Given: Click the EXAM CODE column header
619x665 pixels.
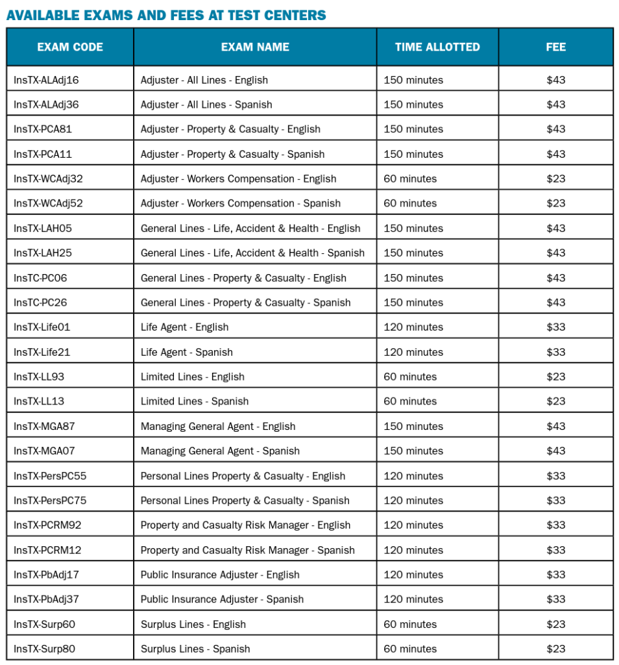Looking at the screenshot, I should (70, 47).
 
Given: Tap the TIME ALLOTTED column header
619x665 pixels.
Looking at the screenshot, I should (437, 47).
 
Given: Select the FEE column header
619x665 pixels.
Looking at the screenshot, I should (555, 47).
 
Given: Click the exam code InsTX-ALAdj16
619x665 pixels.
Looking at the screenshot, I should (46, 80).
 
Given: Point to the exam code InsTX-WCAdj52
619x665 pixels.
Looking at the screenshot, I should (48, 203).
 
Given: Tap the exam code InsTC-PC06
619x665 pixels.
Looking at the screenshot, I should (40, 278).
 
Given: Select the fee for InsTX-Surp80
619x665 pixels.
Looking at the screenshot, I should (555, 649).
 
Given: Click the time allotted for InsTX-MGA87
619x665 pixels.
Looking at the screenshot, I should (413, 426).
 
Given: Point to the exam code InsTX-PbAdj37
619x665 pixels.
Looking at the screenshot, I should (46, 599).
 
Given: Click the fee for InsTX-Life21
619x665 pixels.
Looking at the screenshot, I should (555, 352).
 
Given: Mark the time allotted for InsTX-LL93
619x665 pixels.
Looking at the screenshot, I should (410, 377).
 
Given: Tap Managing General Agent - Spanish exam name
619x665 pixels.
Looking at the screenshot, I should (220, 451).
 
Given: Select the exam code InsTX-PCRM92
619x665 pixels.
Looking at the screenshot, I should (47, 525).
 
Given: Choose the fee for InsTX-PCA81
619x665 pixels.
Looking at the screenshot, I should (555, 129).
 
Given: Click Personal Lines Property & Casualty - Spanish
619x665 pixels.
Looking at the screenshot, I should (245, 501).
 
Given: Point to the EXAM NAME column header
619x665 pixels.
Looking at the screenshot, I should (255, 47).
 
